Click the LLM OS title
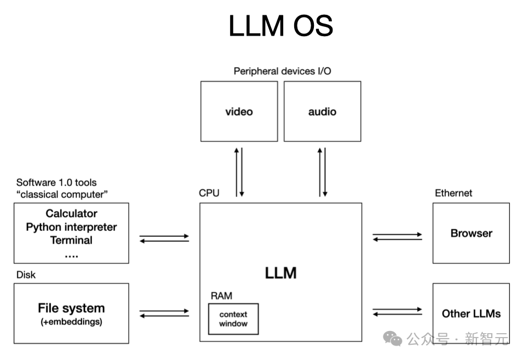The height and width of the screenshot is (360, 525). pos(281,26)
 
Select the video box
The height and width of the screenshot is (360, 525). pos(239,112)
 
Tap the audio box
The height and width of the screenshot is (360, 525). pos(322,112)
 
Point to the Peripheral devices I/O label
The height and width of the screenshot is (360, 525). pos(282,71)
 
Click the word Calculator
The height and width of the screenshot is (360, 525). pos(71,213)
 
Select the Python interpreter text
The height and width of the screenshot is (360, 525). pos(71,227)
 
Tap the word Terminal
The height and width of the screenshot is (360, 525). pos(71,240)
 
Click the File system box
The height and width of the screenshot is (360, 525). pos(71,313)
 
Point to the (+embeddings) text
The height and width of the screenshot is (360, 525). pos(71,322)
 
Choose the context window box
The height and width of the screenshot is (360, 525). pos(233,319)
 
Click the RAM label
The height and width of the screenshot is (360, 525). pos(221,296)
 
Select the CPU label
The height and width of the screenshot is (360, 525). pos(209,193)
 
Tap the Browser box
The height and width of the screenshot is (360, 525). pos(471,233)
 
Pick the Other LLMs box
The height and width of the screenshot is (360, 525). pos(471,313)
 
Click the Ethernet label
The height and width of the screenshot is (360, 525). pos(453,193)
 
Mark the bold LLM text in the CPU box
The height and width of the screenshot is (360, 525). pos(281,272)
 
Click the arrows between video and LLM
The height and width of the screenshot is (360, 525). pos(239,172)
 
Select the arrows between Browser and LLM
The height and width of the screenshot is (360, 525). pos(397,237)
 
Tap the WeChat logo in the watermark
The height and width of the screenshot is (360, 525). pos(393,339)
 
